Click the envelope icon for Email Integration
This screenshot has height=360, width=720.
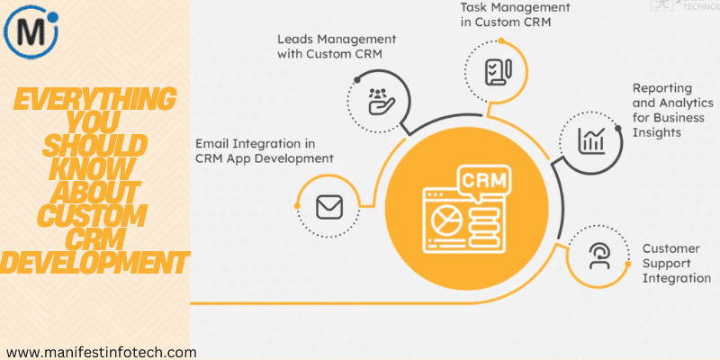point(329,207)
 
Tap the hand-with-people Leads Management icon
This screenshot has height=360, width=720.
point(378,101)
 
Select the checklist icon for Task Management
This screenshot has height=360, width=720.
point(499,70)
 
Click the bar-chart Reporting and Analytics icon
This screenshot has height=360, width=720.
point(591,139)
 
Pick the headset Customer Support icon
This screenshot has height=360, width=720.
point(598,256)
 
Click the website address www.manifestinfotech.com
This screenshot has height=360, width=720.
point(101,351)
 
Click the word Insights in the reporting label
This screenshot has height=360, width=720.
point(657,131)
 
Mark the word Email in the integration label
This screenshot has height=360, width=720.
point(213,143)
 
